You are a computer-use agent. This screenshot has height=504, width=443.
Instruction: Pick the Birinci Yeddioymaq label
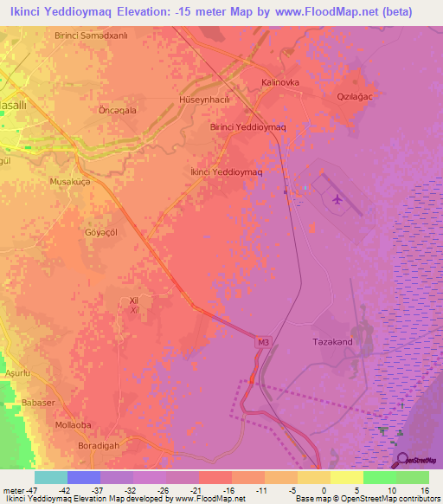click(x=248, y=126)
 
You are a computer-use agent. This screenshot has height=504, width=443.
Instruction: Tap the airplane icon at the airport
click(x=337, y=201)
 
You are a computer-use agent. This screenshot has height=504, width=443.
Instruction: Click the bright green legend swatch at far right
click(x=412, y=477)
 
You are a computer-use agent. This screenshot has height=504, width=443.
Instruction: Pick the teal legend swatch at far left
click(x=50, y=477)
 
